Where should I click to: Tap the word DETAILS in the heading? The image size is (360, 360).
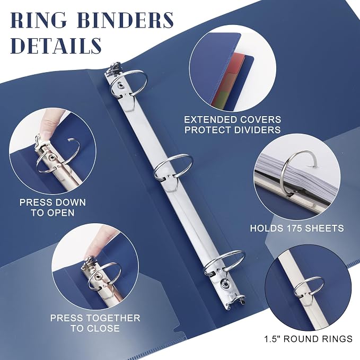pos(56,46)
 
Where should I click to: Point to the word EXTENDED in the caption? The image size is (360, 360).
pos(210,120)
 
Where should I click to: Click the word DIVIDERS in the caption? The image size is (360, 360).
pos(257,130)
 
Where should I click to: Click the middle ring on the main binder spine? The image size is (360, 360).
pos(173,166)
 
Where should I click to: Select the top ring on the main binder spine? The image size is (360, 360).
pos(128,83)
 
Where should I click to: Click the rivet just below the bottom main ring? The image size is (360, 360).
pos(224,284)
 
